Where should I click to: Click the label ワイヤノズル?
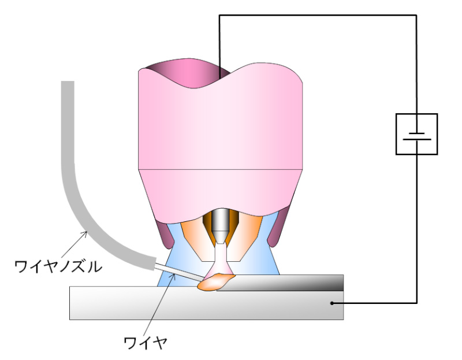tap(58, 266)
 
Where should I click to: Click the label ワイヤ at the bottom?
tap(146, 343)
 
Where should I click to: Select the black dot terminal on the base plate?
tap(331, 303)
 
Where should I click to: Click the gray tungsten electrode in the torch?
tap(220, 225)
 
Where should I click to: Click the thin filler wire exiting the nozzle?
tap(179, 272)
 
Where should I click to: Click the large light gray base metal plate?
tap(206, 304)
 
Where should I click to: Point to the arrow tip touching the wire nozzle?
tap(87, 232)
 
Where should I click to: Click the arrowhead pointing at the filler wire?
tap(174, 274)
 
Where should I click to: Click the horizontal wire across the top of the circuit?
tap(318, 15)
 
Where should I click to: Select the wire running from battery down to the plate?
tap(416, 229)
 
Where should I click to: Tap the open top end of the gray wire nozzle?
tap(68, 81)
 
